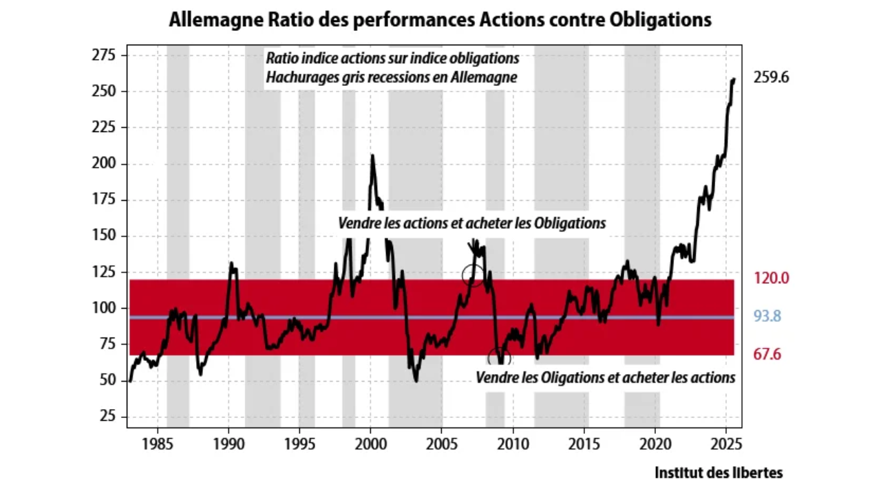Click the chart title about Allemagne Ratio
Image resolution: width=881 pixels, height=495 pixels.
pyautogui.click(x=440, y=20)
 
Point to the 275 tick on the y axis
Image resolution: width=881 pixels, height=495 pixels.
pyautogui.click(x=104, y=56)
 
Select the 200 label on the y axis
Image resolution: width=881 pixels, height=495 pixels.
pyautogui.click(x=104, y=164)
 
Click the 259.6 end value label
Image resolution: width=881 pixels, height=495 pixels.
pyautogui.click(x=771, y=78)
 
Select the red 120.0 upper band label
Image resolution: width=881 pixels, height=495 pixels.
pyautogui.click(x=771, y=278)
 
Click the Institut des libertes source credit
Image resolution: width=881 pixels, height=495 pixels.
pyautogui.click(x=719, y=473)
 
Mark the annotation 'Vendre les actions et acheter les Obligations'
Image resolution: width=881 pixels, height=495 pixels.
pyautogui.click(x=471, y=223)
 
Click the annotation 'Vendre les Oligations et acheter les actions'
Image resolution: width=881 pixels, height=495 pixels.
pyautogui.click(x=606, y=377)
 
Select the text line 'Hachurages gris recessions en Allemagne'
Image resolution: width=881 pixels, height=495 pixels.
pyautogui.click(x=391, y=77)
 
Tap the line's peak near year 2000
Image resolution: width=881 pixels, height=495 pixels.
pyautogui.click(x=372, y=156)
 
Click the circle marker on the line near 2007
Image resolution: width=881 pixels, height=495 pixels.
pyautogui.click(x=473, y=275)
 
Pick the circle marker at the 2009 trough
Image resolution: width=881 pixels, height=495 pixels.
pyautogui.click(x=500, y=357)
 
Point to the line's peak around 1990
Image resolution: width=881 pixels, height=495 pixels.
pyautogui.click(x=231, y=263)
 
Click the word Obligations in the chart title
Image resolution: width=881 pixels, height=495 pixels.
pyautogui.click(x=661, y=20)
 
